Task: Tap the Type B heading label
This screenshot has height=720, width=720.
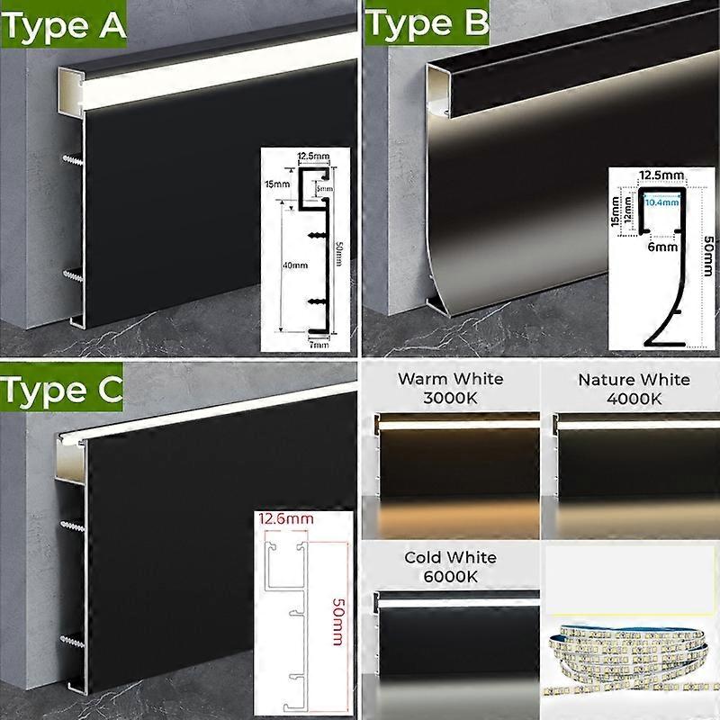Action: pos(426,24)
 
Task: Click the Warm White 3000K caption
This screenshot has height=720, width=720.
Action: pos(449,388)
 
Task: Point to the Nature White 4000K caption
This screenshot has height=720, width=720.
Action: pos(634,388)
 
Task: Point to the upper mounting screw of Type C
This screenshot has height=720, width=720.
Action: pos(72,523)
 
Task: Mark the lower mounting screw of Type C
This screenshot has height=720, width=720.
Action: pos(72,640)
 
